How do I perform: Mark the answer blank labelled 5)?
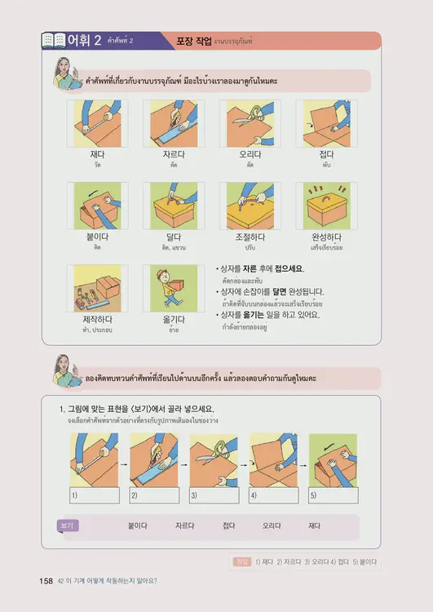(x=333, y=495)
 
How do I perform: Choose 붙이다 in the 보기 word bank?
(x=137, y=527)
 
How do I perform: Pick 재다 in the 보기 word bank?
(x=314, y=527)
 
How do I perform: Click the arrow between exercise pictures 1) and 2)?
(x=124, y=464)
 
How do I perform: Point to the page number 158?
(x=46, y=581)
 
